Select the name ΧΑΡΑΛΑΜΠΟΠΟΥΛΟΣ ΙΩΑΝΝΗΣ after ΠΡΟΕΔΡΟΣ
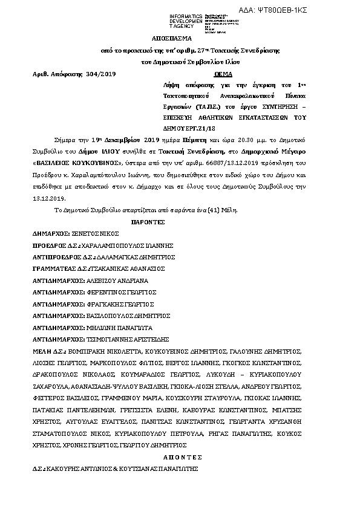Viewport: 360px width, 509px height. (x=131, y=245)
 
